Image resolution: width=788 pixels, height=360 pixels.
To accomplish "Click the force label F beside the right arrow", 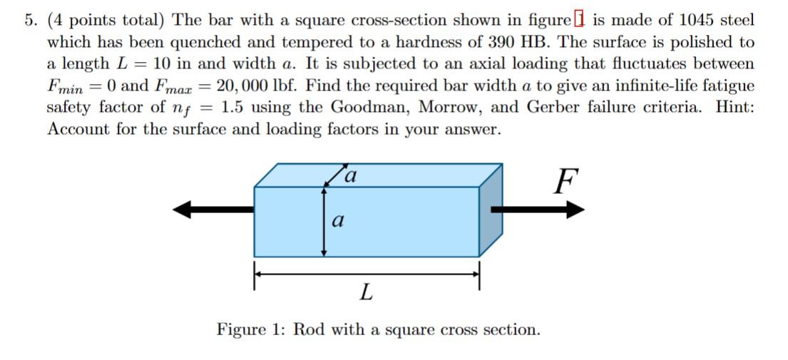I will click(x=565, y=182).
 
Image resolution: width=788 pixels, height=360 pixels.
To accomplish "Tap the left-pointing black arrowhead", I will click(x=183, y=209).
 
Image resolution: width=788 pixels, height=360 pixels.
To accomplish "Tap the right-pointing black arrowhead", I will click(x=575, y=209).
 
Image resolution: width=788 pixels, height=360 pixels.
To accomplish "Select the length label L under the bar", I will click(x=366, y=292).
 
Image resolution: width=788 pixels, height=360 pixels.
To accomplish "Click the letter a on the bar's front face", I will click(x=338, y=222).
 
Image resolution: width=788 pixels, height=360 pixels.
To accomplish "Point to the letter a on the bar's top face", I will click(x=349, y=175).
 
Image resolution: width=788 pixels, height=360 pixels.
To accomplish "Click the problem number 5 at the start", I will click(x=29, y=20).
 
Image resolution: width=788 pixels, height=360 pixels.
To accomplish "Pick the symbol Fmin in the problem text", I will click(x=66, y=87).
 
